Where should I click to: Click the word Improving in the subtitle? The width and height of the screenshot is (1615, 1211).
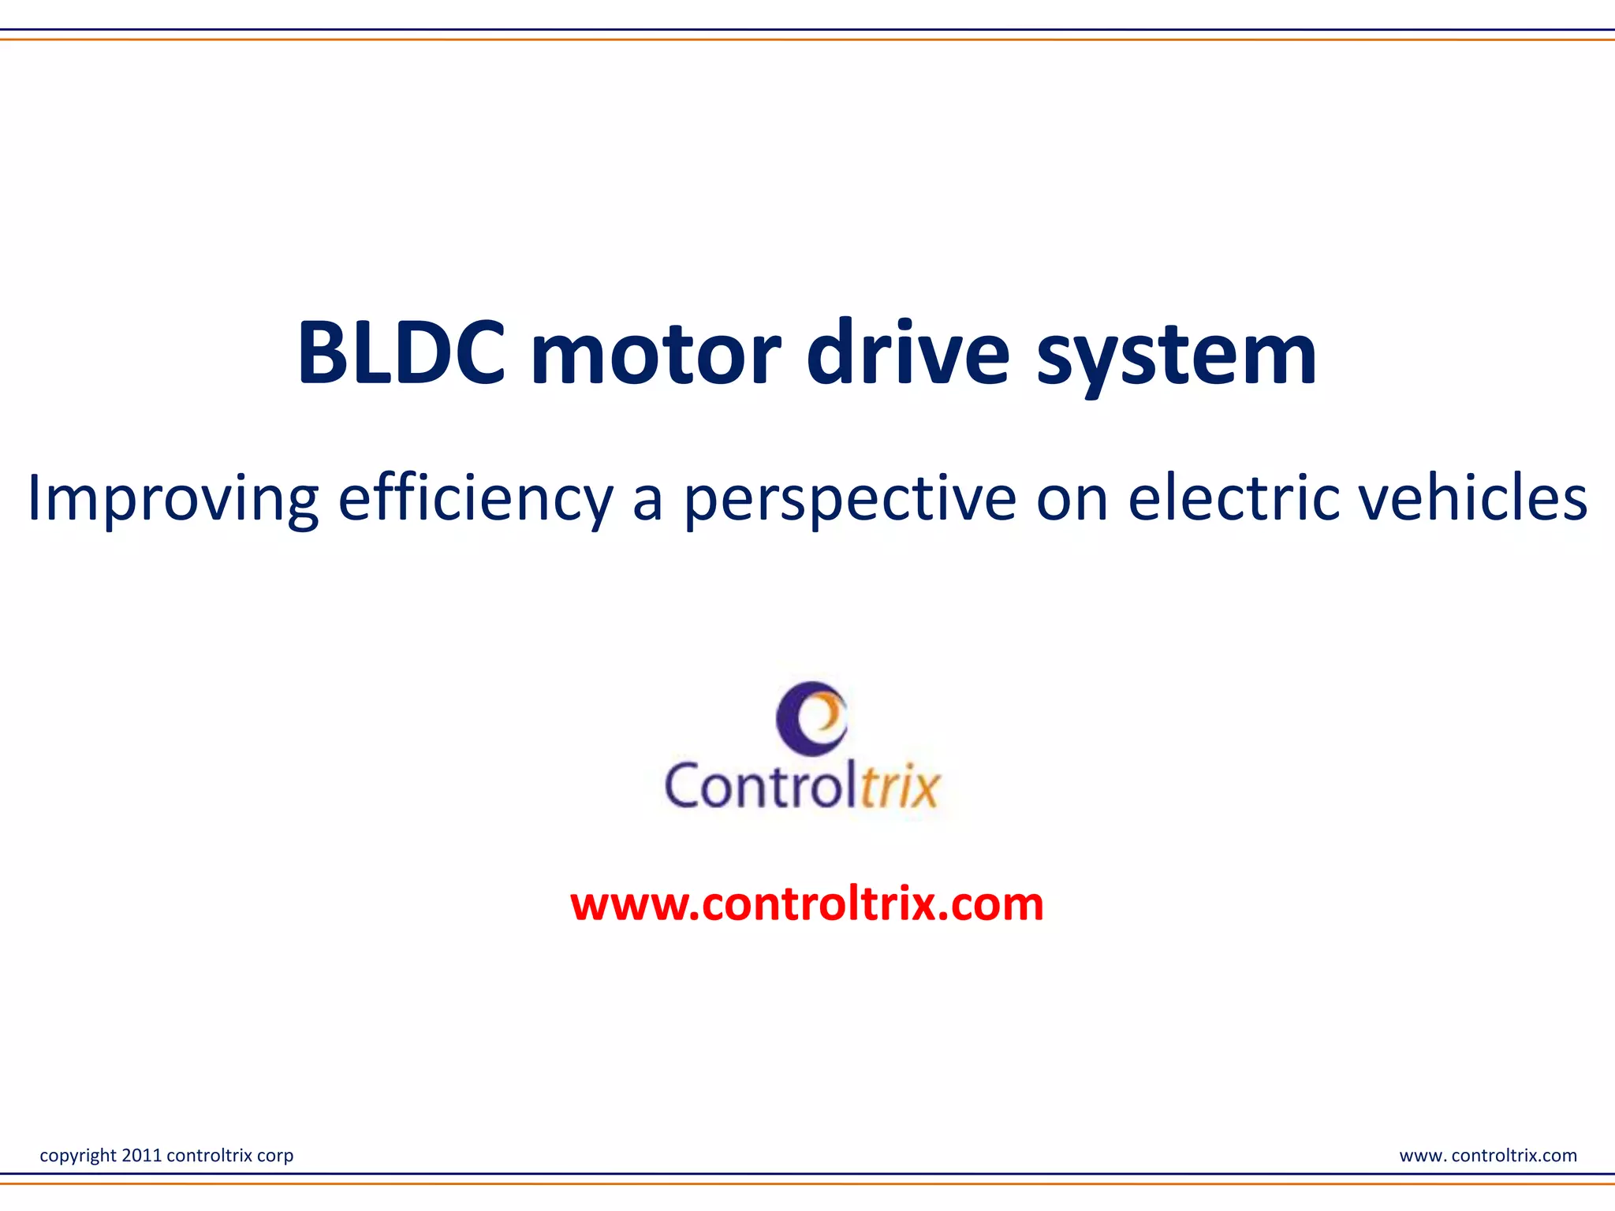click(x=173, y=498)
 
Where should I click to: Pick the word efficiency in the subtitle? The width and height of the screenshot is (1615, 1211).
click(x=476, y=498)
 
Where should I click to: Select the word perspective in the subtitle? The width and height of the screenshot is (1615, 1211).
click(x=850, y=498)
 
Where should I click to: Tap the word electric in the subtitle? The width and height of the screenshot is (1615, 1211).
click(x=1233, y=498)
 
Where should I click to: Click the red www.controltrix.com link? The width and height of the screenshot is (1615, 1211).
click(x=807, y=904)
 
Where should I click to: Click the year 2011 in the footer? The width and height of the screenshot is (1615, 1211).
click(x=142, y=1155)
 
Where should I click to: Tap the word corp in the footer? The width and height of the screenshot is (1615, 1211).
click(x=275, y=1157)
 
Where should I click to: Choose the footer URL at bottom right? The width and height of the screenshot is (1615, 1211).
click(x=1488, y=1155)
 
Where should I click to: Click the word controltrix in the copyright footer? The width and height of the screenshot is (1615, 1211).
click(x=210, y=1155)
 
